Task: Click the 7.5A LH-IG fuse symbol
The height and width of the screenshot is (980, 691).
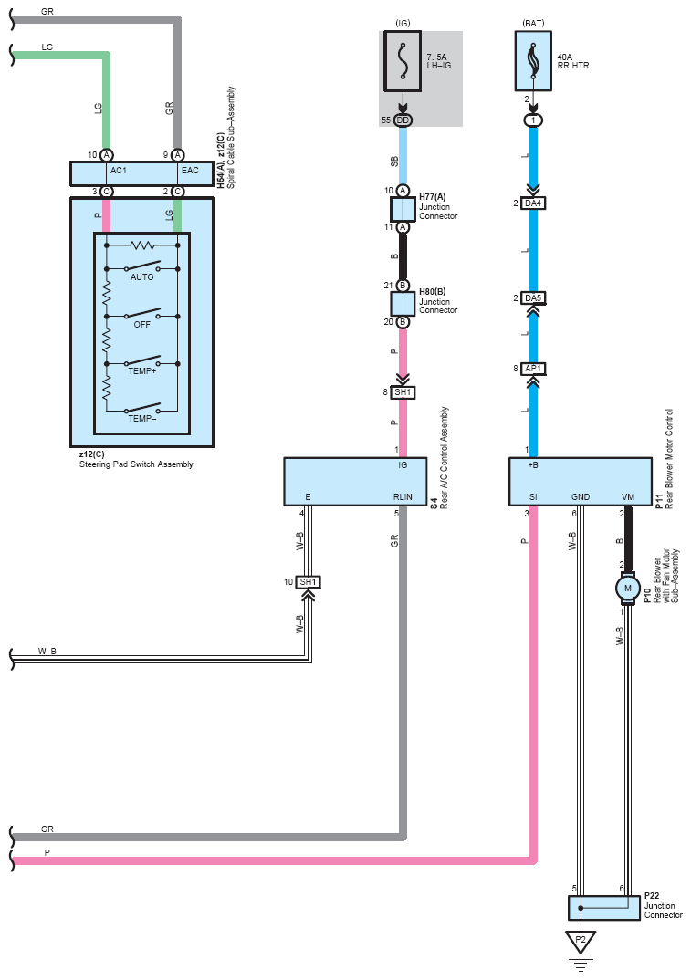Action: pyautogui.click(x=402, y=60)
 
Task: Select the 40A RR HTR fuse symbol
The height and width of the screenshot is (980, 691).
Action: pyautogui.click(x=533, y=60)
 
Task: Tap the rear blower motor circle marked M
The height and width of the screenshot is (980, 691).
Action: pyautogui.click(x=627, y=589)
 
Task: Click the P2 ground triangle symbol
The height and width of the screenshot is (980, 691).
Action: pyautogui.click(x=581, y=942)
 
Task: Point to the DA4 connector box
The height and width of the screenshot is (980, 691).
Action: pyautogui.click(x=533, y=203)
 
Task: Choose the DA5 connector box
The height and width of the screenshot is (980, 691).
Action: pyautogui.click(x=533, y=298)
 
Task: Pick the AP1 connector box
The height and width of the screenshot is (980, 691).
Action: pyautogui.click(x=533, y=369)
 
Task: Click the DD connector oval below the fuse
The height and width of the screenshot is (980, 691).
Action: pyautogui.click(x=403, y=120)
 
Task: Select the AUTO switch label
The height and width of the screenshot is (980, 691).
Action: pyautogui.click(x=142, y=276)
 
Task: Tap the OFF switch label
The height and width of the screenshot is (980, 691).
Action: pyautogui.click(x=142, y=324)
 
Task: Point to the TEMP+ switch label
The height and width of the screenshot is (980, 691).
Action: pyautogui.click(x=142, y=370)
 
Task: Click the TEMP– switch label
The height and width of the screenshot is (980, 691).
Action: pyautogui.click(x=142, y=418)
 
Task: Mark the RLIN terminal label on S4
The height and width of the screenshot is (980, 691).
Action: pyautogui.click(x=403, y=497)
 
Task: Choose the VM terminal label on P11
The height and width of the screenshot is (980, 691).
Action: pyautogui.click(x=628, y=497)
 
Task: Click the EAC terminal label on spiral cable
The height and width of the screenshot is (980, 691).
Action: pyautogui.click(x=190, y=170)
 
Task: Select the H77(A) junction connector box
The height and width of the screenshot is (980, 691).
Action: pyautogui.click(x=403, y=209)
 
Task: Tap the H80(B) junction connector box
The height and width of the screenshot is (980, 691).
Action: pyautogui.click(x=403, y=304)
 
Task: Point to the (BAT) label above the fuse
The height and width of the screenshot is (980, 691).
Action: pyautogui.click(x=533, y=23)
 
